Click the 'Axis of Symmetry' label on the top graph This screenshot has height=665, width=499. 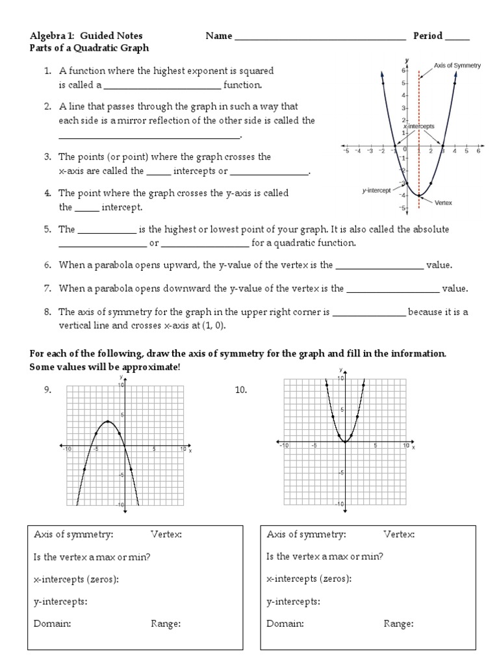pyautogui.click(x=457, y=66)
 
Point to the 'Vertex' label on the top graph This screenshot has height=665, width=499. pyautogui.click(x=443, y=203)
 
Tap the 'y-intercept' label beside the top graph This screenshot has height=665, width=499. pyautogui.click(x=376, y=190)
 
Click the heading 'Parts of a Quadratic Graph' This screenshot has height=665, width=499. pyautogui.click(x=90, y=48)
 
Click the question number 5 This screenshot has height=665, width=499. pyautogui.click(x=47, y=229)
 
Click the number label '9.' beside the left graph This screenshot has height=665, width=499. pyautogui.click(x=47, y=390)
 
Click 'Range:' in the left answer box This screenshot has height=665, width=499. pyautogui.click(x=166, y=623)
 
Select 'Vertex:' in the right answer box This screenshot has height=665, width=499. pyautogui.click(x=399, y=534)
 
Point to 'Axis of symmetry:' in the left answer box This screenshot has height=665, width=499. pyautogui.click(x=73, y=534)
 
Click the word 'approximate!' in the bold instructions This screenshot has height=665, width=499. pyautogui.click(x=154, y=368)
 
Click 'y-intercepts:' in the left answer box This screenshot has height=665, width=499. pyautogui.click(x=60, y=601)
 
